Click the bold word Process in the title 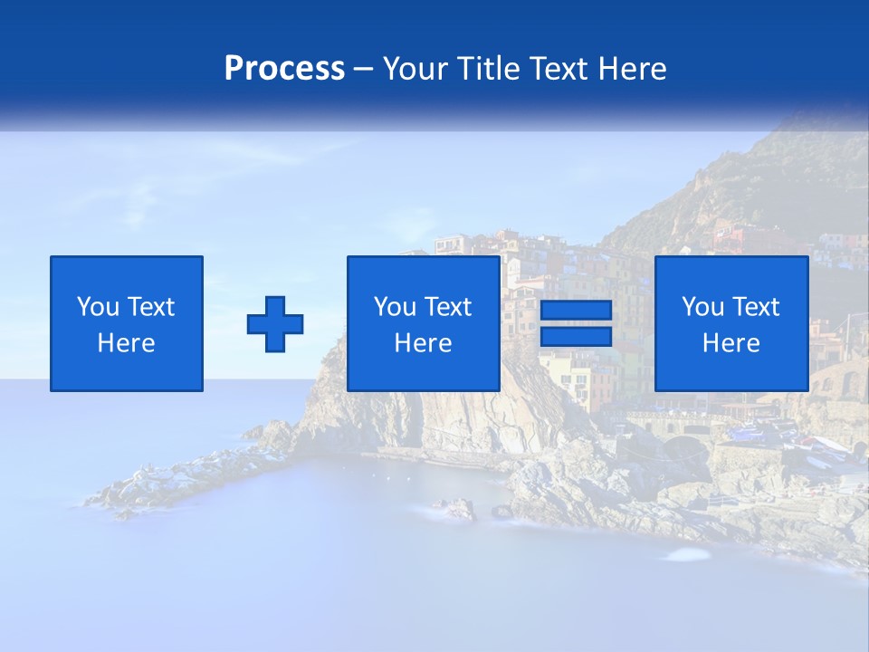(x=284, y=69)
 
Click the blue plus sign (x=275, y=323)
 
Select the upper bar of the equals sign (x=576, y=311)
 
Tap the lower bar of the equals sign (x=576, y=336)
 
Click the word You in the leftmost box (x=98, y=307)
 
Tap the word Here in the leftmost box (x=127, y=343)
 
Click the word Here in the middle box (x=424, y=343)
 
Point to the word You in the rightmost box (x=702, y=307)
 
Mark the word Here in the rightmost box (x=731, y=343)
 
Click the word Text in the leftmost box (x=150, y=307)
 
